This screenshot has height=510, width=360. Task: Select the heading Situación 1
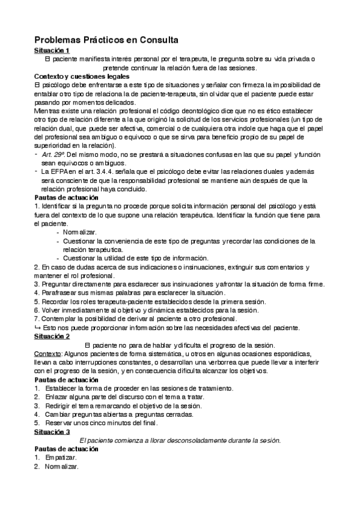[52, 51]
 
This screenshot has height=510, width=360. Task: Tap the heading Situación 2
[52, 337]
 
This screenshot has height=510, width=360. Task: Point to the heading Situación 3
[52, 432]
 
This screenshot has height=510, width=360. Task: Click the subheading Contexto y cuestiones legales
[82, 76]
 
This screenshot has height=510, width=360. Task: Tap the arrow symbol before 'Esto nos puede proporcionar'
[37, 328]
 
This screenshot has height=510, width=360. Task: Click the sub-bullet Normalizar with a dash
[79, 232]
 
